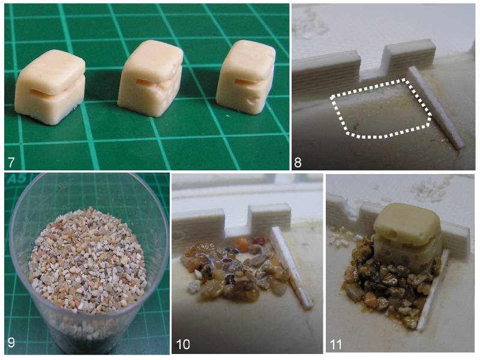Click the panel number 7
[x=11, y=162]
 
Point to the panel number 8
[x=298, y=162]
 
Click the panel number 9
[x=11, y=342]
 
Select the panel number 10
[x=183, y=344]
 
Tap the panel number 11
[x=336, y=344]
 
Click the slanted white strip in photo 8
[x=434, y=107]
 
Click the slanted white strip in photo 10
[x=291, y=266]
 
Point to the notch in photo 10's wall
[x=237, y=221]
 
